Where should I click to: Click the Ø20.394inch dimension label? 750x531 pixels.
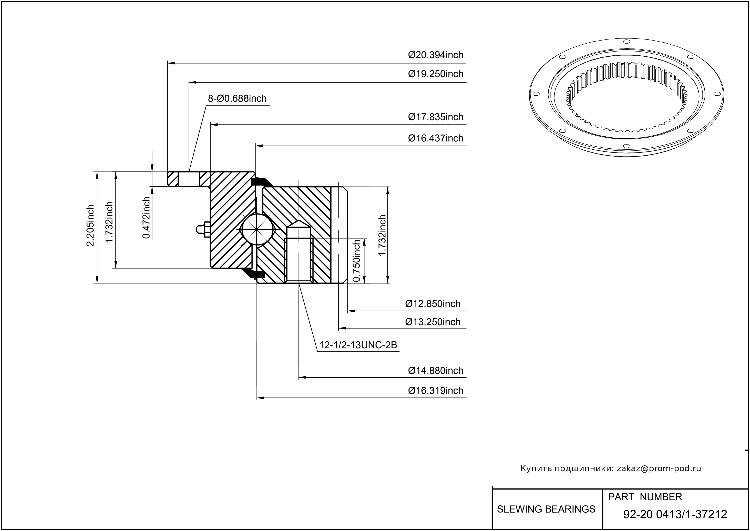coord(436,55)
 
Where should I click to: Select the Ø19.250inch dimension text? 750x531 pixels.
coord(436,74)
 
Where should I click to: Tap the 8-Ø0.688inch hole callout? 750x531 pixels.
coord(237,98)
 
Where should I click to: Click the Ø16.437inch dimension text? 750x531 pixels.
coord(436,138)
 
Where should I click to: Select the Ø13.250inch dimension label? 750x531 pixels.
coord(433,322)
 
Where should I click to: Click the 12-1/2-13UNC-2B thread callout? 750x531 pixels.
coord(358,345)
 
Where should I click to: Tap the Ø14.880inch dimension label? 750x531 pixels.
coord(436,371)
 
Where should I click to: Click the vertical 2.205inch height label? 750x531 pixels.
coord(90,225)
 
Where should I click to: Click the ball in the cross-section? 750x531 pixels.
coord(258,229)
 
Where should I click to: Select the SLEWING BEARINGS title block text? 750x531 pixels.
coord(546,509)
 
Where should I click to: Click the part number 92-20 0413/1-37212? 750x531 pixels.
coord(675,514)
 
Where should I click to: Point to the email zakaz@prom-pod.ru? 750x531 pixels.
coord(659,468)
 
